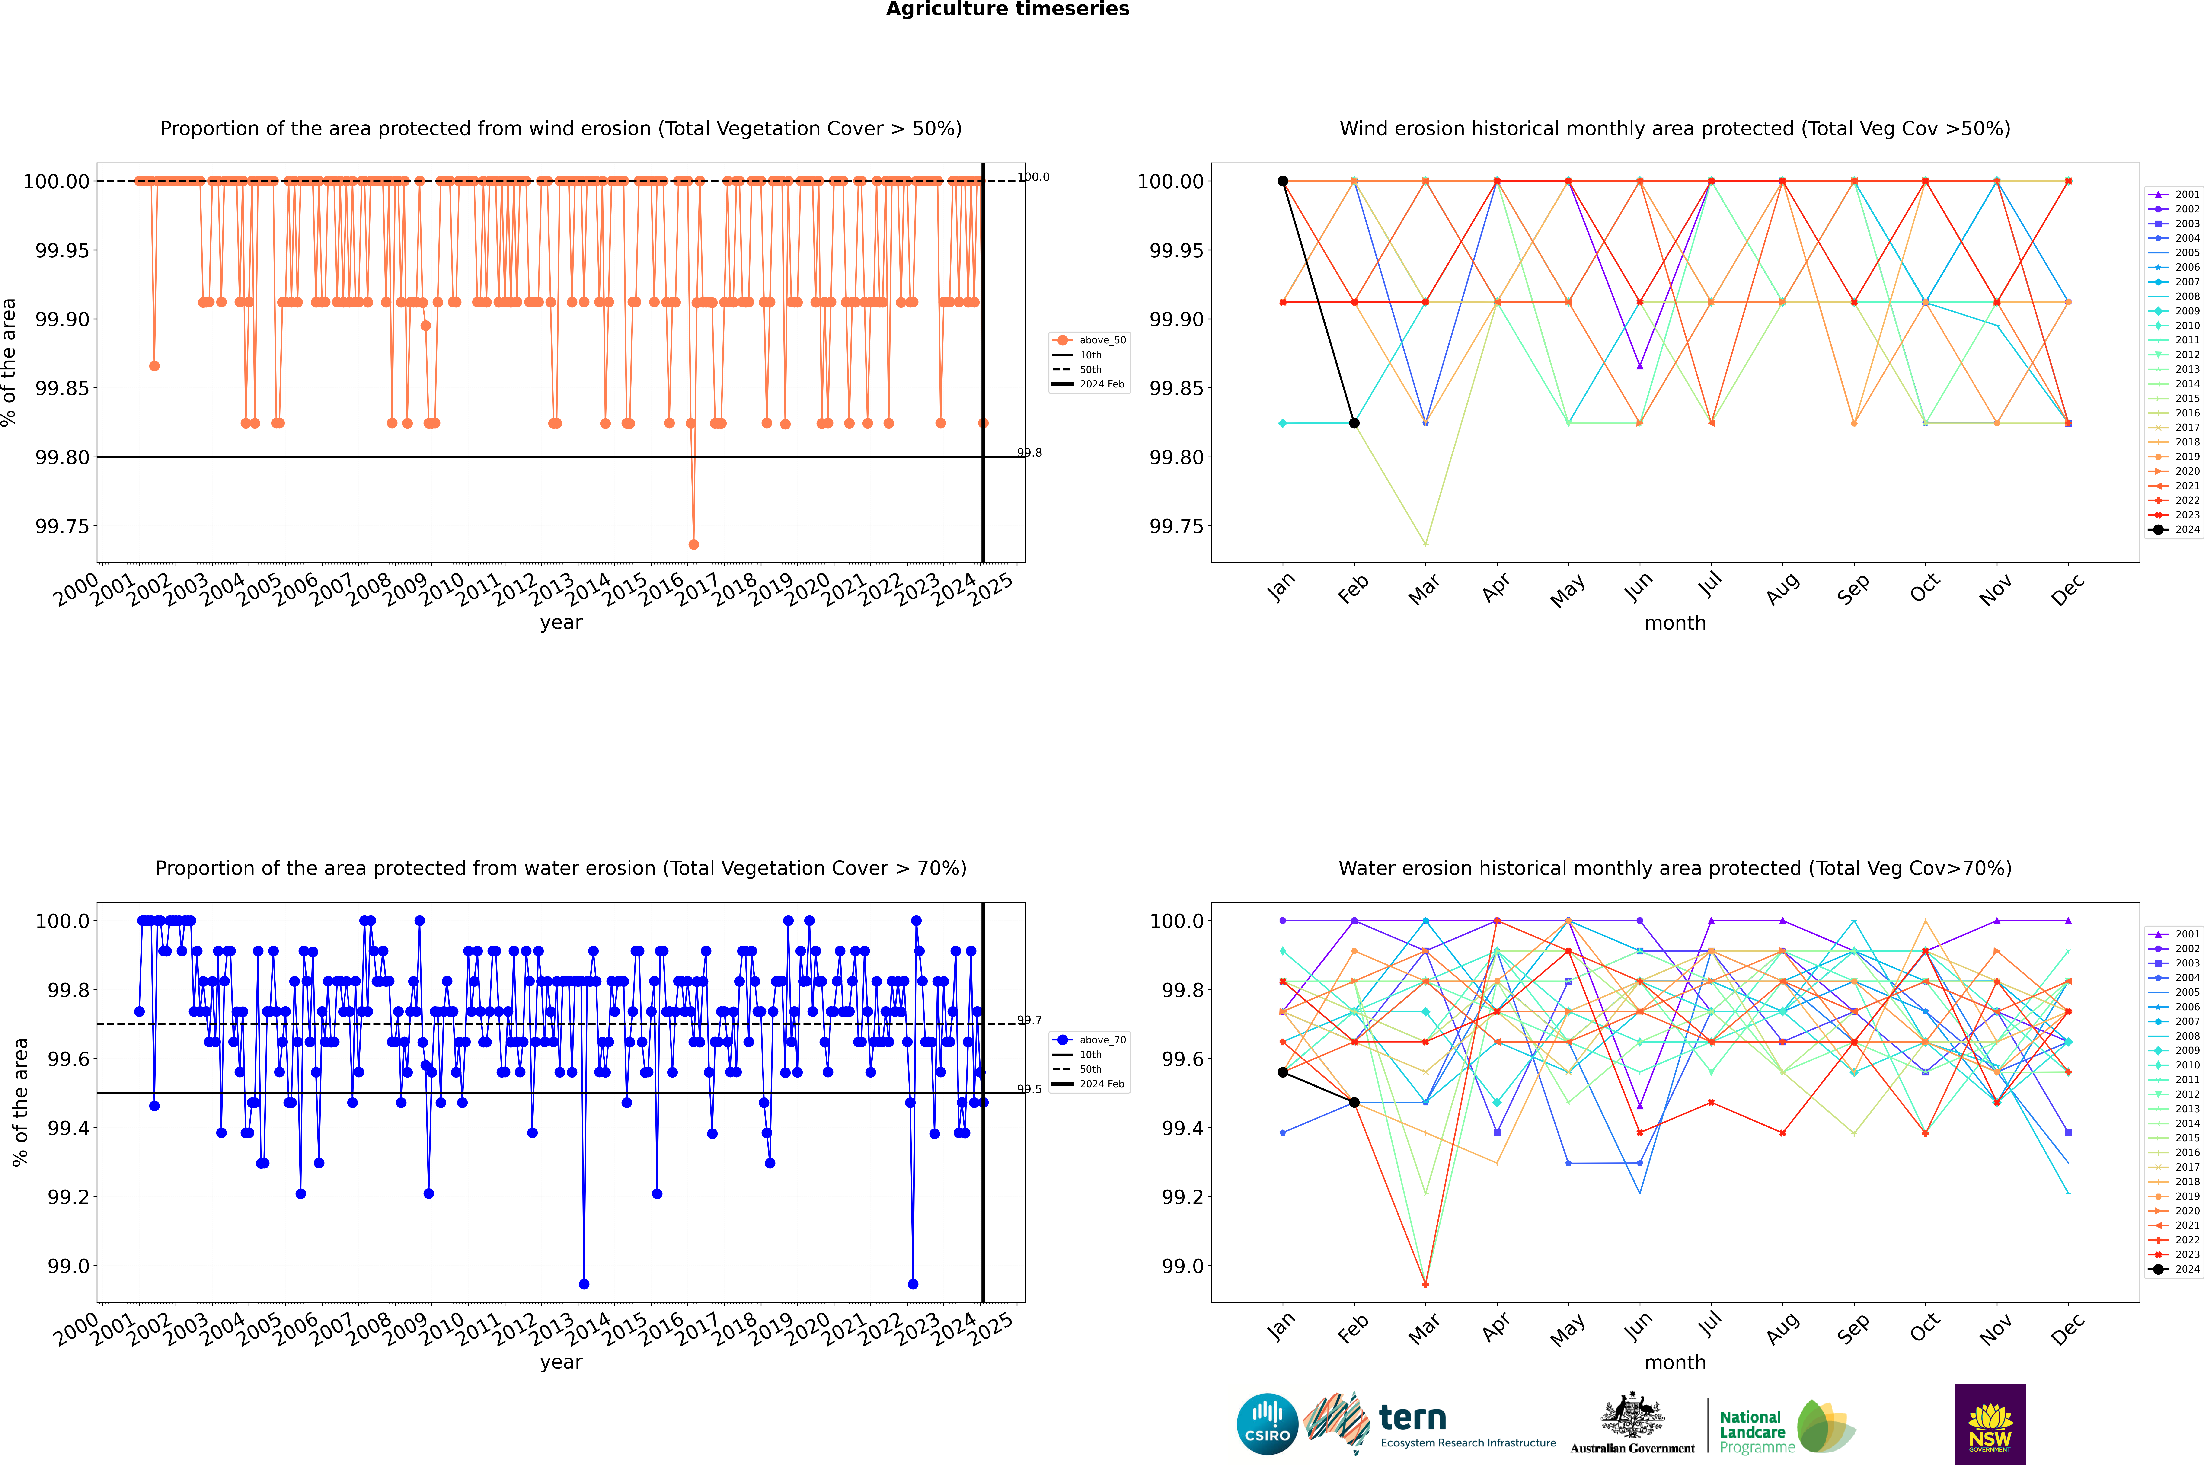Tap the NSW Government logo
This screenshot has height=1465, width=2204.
tap(1990, 1424)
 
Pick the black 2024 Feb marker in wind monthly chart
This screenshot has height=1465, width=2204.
tap(1354, 423)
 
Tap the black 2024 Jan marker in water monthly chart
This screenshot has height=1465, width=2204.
tap(1283, 1073)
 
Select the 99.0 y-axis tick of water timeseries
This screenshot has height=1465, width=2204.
tap(68, 1266)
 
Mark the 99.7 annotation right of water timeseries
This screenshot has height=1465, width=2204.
tap(1030, 1020)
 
